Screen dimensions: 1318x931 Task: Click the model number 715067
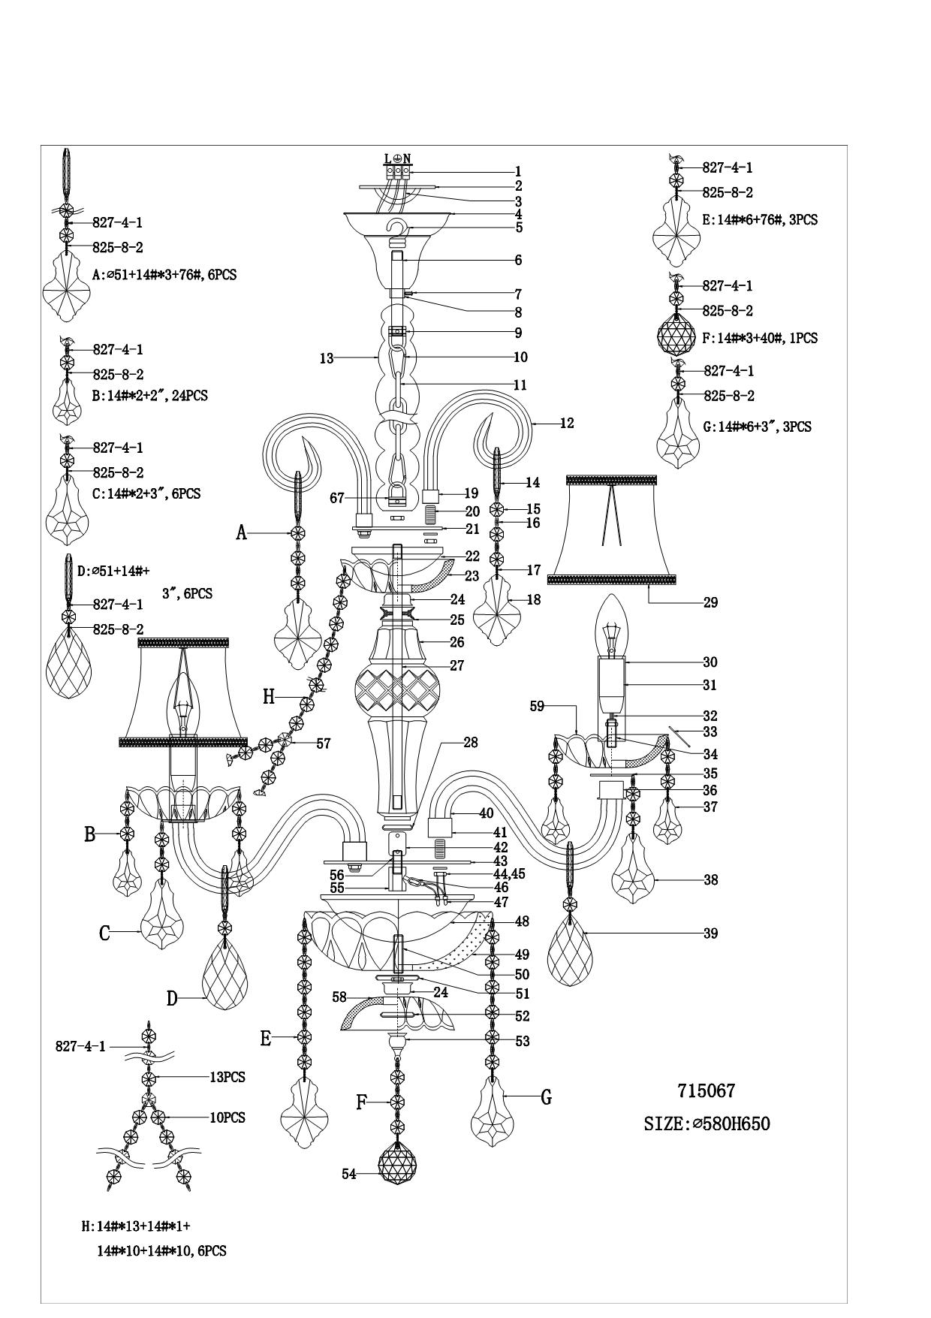click(x=706, y=1091)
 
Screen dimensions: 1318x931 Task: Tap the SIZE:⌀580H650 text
click(x=707, y=1124)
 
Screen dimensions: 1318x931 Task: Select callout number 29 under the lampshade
click(x=710, y=602)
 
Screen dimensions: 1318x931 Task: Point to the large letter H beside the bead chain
click(x=269, y=697)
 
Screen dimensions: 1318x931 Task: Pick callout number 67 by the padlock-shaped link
click(x=337, y=498)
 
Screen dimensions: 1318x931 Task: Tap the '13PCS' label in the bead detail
click(x=227, y=1077)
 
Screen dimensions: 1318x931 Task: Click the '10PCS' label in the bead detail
click(x=227, y=1117)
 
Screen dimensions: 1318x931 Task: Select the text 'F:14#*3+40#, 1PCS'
click(x=760, y=339)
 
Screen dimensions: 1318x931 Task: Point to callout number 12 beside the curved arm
click(x=567, y=424)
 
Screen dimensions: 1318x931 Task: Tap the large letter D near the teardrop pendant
click(x=172, y=998)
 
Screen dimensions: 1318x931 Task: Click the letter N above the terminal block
click(x=407, y=158)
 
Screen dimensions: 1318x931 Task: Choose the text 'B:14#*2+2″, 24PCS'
click(x=150, y=396)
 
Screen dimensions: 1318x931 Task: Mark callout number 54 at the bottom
click(x=349, y=1175)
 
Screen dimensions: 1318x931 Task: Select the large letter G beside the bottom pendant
click(x=546, y=1097)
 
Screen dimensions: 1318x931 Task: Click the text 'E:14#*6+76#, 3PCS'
click(x=760, y=220)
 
